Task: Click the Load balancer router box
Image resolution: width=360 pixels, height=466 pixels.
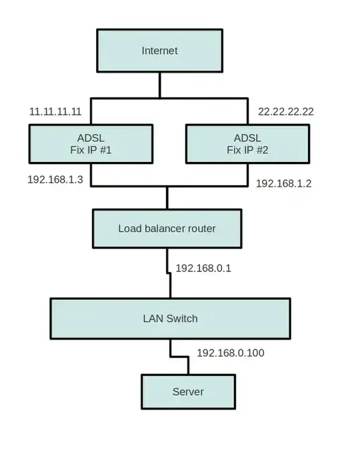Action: pyautogui.click(x=167, y=229)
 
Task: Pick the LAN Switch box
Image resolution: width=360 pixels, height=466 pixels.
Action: pyautogui.click(x=171, y=319)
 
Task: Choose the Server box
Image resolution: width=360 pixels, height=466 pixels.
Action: pyautogui.click(x=188, y=392)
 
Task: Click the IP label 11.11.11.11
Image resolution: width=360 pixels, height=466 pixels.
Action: pyautogui.click(x=55, y=112)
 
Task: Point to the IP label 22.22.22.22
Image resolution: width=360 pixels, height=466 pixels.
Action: pyautogui.click(x=285, y=112)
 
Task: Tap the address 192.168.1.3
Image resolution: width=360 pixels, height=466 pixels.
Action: pyautogui.click(x=55, y=180)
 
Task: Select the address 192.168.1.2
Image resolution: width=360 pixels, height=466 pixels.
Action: pyautogui.click(x=284, y=183)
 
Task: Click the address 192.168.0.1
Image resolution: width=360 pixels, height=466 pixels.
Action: pyautogui.click(x=203, y=268)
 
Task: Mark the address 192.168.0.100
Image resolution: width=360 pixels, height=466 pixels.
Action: pyautogui.click(x=231, y=353)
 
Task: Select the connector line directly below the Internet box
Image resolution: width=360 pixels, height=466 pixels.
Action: pyautogui.click(x=159, y=85)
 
